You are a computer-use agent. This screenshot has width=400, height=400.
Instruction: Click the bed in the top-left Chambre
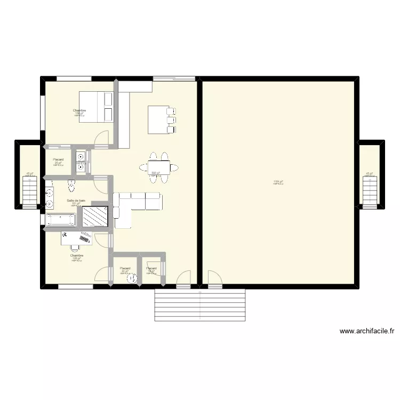[x=97, y=107]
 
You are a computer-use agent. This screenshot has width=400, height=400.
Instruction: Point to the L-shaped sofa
[x=133, y=205]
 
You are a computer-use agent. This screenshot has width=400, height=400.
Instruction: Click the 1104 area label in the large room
[x=278, y=182]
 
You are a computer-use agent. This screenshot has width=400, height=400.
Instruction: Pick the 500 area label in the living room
[x=155, y=173]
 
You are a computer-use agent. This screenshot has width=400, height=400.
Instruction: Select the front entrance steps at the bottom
[x=199, y=305]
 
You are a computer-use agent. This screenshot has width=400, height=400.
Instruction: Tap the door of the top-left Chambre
[x=101, y=139]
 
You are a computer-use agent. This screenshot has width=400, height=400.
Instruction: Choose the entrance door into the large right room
[x=215, y=280]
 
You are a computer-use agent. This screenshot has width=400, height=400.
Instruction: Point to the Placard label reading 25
[x=58, y=159]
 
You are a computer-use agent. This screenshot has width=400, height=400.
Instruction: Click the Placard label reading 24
[x=125, y=268]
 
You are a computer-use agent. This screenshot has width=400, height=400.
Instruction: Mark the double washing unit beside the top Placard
[x=81, y=162]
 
